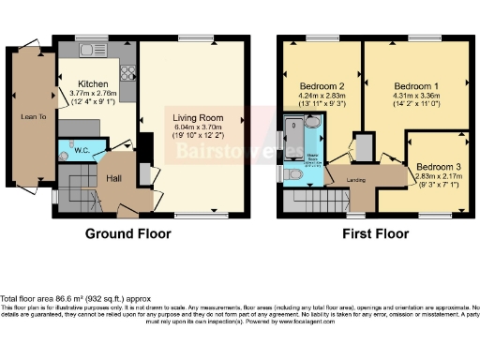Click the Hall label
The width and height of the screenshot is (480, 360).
113,177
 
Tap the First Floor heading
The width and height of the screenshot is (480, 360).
374,232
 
